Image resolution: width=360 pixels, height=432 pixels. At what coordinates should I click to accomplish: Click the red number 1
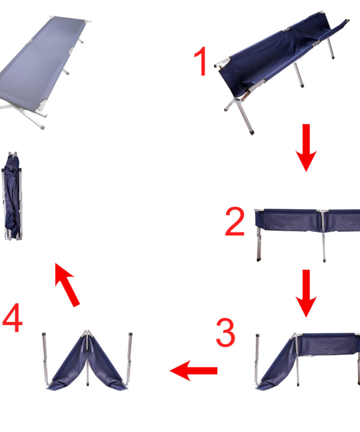point(201,61)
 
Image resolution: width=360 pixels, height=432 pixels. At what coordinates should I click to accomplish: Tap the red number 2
point(234,221)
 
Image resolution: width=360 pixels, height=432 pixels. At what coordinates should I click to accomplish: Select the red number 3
point(225,332)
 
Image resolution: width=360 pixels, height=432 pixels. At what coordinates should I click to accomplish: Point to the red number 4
point(13,318)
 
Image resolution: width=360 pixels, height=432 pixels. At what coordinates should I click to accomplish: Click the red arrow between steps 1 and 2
point(306,148)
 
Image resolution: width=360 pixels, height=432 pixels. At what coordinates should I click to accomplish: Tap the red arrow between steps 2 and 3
point(306,293)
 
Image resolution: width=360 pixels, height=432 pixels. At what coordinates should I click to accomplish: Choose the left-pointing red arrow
point(193,370)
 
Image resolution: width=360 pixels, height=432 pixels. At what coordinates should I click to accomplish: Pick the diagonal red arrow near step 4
point(67,284)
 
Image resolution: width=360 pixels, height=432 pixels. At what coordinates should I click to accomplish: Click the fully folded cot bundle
point(12,196)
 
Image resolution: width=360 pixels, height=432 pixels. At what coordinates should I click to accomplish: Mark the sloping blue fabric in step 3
point(277,364)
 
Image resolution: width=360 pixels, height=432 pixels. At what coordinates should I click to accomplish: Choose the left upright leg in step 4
point(45,358)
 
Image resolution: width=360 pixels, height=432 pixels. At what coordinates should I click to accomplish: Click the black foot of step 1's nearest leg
point(251,132)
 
